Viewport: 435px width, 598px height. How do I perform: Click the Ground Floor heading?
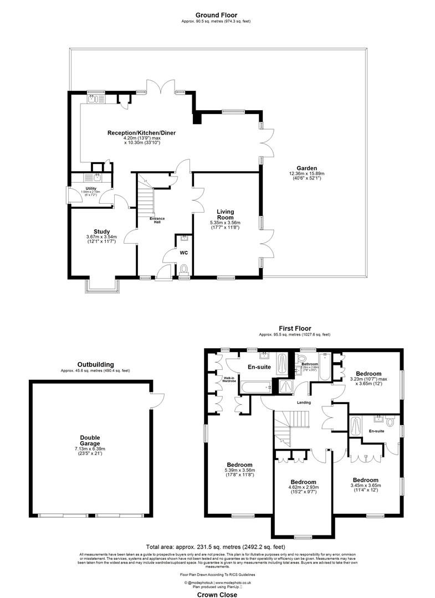(217, 15)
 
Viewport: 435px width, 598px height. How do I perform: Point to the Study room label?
(101, 231)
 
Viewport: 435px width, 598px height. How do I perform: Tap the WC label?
(184, 252)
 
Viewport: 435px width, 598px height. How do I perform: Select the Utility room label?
(91, 189)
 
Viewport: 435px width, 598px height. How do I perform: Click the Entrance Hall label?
(157, 219)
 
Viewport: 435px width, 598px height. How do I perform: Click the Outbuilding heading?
(95, 364)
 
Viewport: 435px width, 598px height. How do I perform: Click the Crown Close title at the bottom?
(217, 595)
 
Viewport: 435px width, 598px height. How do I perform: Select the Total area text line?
(217, 545)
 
